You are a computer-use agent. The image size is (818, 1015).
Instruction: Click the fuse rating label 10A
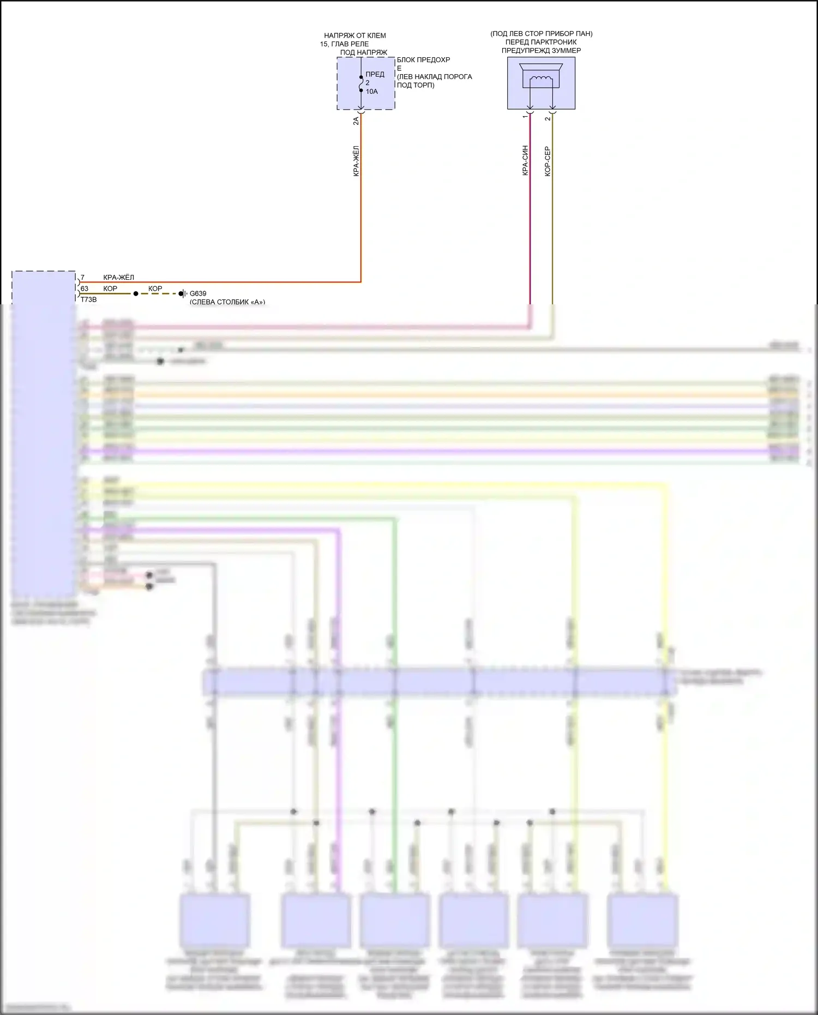(372, 92)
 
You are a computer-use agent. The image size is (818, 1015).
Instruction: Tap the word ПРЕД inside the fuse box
(375, 74)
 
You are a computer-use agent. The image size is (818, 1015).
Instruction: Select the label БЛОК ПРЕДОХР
(423, 60)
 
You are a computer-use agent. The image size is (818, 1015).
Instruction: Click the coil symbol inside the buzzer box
(540, 80)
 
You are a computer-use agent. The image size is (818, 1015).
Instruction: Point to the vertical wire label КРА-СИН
(525, 160)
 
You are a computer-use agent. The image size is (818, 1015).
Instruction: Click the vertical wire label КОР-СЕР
(548, 161)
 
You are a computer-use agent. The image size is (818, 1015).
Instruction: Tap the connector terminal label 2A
(356, 121)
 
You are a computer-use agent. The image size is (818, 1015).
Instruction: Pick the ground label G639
(198, 293)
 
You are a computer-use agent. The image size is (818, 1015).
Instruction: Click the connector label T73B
(88, 299)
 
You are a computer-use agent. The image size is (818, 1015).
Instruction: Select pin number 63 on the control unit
(85, 289)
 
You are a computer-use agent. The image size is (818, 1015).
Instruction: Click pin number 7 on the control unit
(83, 278)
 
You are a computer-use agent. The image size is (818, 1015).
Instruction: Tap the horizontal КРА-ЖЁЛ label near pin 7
(118, 278)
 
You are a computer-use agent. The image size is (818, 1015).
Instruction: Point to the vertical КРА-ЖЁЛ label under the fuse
(356, 161)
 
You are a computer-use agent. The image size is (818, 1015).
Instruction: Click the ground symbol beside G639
(183, 294)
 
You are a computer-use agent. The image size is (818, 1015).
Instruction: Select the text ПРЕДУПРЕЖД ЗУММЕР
(541, 51)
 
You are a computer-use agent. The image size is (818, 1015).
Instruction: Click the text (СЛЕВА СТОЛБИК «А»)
(227, 302)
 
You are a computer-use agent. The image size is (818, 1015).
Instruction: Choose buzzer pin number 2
(548, 118)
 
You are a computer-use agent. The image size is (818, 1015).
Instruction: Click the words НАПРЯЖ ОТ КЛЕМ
(354, 36)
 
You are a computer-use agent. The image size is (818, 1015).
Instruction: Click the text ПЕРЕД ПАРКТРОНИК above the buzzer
(541, 42)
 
